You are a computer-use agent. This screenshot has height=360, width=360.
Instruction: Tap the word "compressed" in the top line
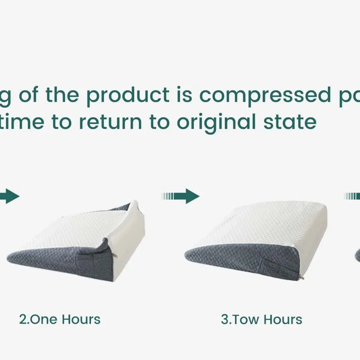point(262,95)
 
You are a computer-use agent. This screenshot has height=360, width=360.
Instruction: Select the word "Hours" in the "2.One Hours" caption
point(81,320)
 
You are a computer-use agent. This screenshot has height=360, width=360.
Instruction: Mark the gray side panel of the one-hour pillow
point(61,260)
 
